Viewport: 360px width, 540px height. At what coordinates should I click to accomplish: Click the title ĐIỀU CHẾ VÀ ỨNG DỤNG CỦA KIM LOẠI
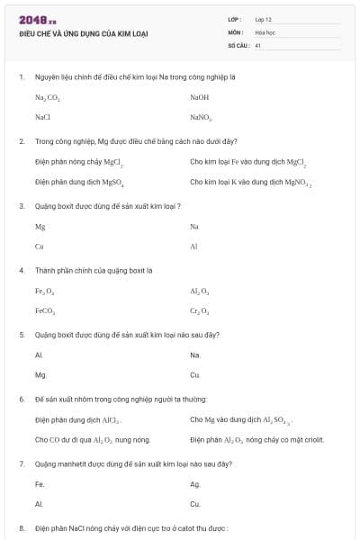tap(84, 34)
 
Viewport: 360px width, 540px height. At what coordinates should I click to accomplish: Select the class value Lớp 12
tap(263, 19)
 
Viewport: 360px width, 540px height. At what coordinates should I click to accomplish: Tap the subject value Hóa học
tap(264, 31)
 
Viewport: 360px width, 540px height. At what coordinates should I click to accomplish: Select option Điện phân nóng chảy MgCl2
tap(78, 162)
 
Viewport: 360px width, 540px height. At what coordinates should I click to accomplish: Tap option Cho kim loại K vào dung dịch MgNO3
tap(250, 182)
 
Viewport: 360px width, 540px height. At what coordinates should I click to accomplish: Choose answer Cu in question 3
tap(39, 246)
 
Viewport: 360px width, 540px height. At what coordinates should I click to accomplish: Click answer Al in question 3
tap(193, 246)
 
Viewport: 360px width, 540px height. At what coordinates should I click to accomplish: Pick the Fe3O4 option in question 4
tap(45, 291)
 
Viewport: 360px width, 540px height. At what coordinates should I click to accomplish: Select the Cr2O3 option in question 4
tap(199, 311)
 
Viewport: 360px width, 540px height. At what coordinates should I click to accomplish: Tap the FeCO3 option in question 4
tap(45, 311)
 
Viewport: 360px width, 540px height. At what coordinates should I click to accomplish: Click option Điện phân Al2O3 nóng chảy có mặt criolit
tap(256, 440)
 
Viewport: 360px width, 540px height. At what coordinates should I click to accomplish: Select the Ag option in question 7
tap(194, 484)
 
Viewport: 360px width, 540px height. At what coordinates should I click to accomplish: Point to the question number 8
tap(22, 528)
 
